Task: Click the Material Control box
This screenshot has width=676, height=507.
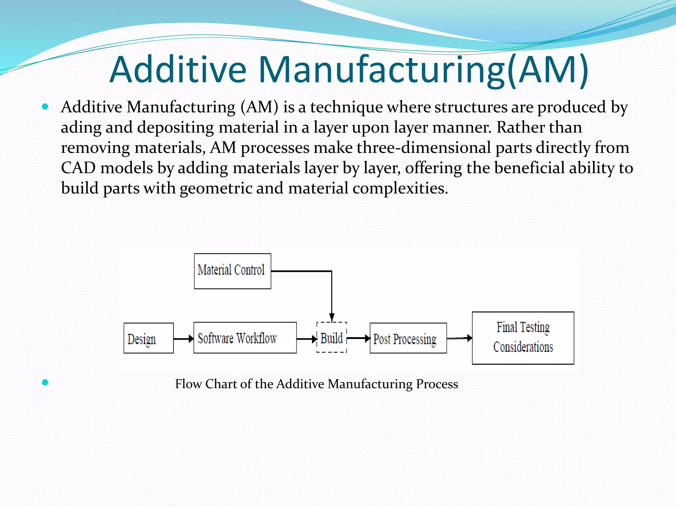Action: tap(232, 271)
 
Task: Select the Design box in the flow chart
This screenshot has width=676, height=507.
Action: tap(149, 338)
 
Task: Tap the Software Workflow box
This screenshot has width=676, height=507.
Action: tap(245, 338)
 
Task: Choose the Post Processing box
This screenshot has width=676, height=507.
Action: tap(408, 338)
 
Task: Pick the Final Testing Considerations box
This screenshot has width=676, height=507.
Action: tap(523, 338)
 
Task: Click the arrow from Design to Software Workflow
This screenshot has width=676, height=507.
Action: tap(184, 339)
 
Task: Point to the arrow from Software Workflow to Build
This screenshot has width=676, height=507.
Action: tap(307, 339)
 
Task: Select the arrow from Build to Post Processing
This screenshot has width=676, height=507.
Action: tap(358, 338)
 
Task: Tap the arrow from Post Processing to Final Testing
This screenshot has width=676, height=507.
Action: tap(459, 338)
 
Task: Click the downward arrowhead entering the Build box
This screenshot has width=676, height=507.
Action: tap(332, 317)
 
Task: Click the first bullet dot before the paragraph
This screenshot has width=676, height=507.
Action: tap(45, 107)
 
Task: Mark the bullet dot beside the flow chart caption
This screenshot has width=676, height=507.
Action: tap(45, 383)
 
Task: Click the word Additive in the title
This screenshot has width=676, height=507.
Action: tap(178, 70)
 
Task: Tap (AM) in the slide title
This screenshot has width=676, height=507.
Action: tap(548, 70)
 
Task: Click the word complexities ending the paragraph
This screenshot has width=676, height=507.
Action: tap(400, 188)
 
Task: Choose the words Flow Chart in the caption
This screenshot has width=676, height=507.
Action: tap(206, 384)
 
